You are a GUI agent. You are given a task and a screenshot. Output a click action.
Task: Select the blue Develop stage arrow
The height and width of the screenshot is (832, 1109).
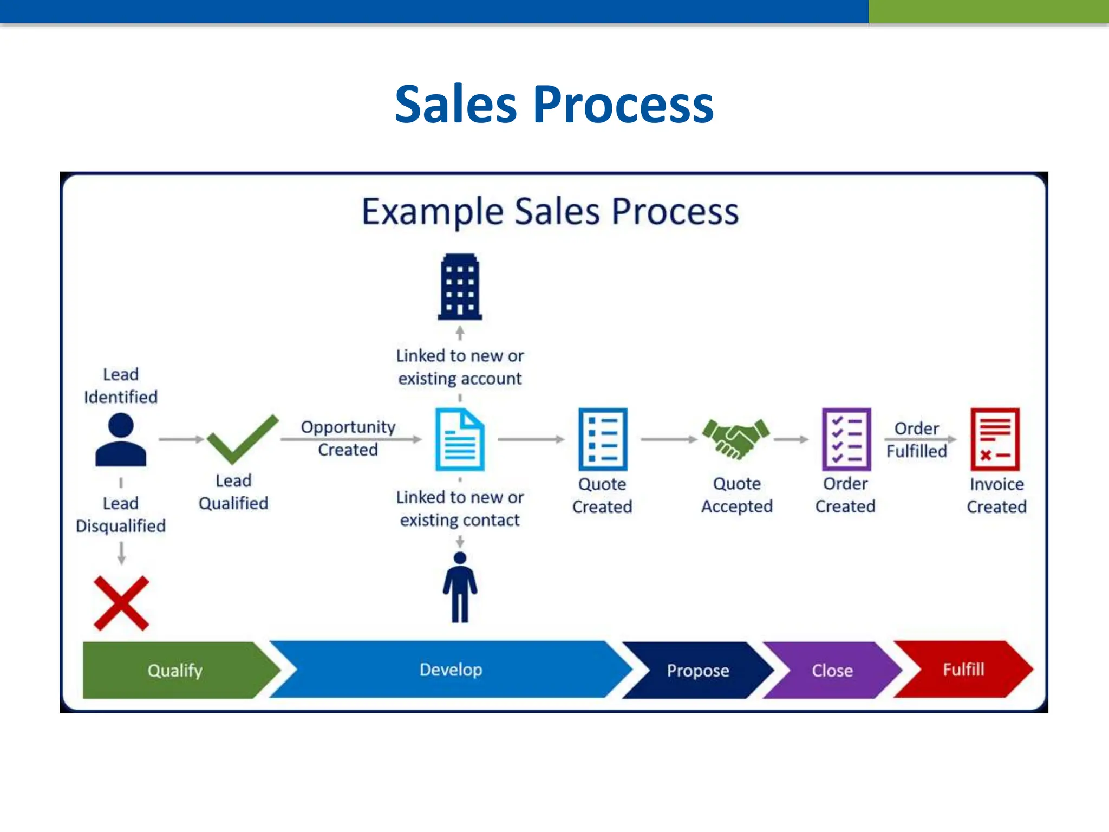coord(451,669)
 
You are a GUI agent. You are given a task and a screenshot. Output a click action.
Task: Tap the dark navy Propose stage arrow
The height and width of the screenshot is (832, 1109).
coord(697,670)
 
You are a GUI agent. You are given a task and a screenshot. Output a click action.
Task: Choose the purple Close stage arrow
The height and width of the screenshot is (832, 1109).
coord(832,670)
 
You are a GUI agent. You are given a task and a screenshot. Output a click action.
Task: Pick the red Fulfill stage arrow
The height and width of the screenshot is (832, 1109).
coord(963,669)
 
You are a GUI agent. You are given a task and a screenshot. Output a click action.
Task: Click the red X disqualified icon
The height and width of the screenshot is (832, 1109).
coord(121,603)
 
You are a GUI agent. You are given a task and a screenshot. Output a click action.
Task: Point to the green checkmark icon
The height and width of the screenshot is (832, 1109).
coord(242,439)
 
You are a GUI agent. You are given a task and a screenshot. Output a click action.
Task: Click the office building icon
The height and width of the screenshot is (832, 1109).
coord(460,287)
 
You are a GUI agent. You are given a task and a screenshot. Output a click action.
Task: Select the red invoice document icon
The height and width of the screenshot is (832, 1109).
coord(995,439)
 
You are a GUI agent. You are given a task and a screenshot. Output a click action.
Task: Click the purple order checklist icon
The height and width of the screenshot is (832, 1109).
coord(846,439)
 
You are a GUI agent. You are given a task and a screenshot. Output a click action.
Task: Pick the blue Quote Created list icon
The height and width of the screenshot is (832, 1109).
coord(603,439)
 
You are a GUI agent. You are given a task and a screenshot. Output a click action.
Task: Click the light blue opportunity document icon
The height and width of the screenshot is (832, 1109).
coord(460,440)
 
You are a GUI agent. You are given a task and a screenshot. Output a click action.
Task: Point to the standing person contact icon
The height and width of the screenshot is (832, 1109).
coord(460,587)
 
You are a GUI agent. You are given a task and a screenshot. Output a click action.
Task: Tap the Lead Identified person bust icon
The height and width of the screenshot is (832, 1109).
coord(121,440)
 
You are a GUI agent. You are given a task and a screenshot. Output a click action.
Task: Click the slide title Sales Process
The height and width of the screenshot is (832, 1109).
coord(554,104)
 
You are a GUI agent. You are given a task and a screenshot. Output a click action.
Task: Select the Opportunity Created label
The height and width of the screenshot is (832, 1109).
coord(348,438)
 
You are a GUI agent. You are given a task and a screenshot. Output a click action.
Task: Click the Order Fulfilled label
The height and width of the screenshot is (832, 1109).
coord(916,439)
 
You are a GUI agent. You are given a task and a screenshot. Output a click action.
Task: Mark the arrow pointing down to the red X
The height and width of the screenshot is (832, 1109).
coord(121,553)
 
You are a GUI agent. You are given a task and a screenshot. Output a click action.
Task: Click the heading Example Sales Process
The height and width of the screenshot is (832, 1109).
coord(550,211)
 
